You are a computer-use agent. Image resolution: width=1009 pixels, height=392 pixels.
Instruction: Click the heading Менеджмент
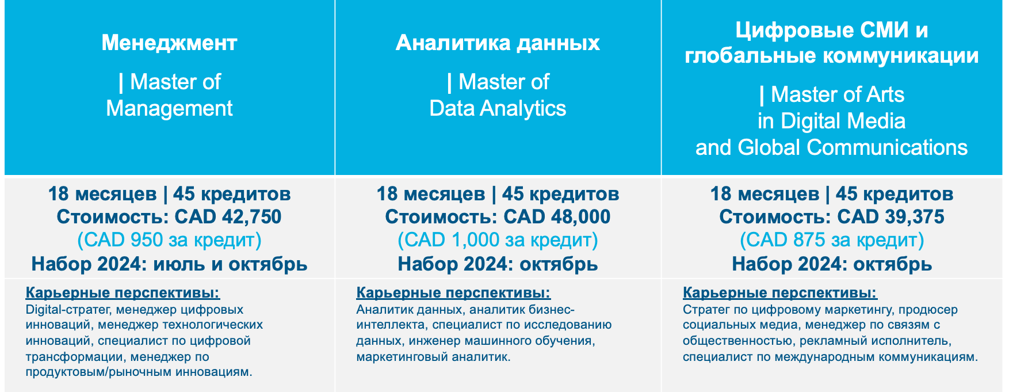(x=169, y=43)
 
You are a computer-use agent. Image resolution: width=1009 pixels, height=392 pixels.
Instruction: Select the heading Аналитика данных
(x=498, y=43)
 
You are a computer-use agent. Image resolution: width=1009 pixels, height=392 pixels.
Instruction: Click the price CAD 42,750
(x=228, y=217)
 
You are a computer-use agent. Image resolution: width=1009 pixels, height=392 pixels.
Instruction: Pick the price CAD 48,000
(x=557, y=217)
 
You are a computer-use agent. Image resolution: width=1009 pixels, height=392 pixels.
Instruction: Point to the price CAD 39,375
(x=890, y=217)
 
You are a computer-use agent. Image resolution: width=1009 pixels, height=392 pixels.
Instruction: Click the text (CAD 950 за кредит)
(x=169, y=240)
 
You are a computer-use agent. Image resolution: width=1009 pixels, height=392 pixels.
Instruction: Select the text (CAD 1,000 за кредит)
(x=498, y=240)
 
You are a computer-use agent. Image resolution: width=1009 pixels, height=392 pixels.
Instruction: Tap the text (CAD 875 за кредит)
(x=832, y=240)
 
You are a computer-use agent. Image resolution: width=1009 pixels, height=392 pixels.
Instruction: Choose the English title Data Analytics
(x=498, y=108)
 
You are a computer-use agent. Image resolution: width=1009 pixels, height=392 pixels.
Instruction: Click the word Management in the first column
(x=169, y=108)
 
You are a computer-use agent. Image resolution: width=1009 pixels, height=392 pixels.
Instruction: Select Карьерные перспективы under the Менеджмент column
(x=123, y=293)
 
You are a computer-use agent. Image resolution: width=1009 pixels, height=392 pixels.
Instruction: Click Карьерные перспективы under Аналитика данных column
(x=453, y=293)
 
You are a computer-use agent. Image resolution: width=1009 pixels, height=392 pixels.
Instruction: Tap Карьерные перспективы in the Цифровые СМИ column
(x=780, y=293)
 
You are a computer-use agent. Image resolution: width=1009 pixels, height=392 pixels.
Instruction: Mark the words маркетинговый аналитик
(x=433, y=357)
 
